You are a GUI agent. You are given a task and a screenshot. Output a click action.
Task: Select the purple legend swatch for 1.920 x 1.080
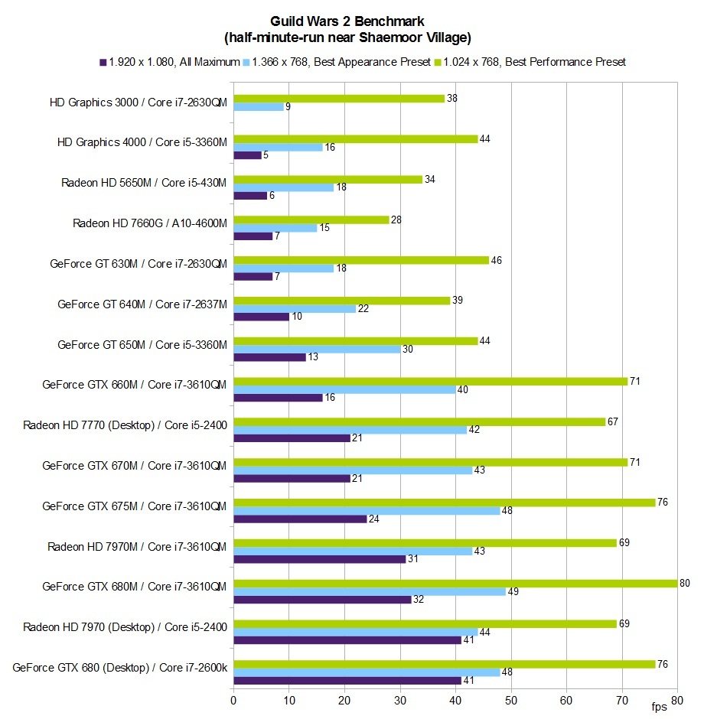(x=103, y=62)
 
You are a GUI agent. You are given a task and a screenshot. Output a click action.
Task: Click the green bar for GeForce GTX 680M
(x=455, y=583)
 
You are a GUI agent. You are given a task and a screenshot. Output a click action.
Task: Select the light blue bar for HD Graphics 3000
(x=258, y=107)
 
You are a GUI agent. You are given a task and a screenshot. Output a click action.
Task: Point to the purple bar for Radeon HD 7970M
(x=319, y=559)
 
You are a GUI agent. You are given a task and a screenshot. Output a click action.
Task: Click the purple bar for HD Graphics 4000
(x=247, y=155)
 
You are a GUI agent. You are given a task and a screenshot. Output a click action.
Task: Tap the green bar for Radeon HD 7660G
(x=311, y=220)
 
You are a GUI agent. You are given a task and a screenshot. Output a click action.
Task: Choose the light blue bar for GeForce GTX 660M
(x=344, y=390)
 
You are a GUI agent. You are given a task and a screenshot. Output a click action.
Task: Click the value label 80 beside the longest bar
(x=684, y=583)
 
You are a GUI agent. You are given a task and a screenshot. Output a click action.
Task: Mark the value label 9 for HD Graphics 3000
(x=288, y=107)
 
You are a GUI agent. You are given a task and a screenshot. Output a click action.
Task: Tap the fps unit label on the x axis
(x=659, y=704)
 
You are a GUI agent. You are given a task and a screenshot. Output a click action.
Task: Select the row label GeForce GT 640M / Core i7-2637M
(x=142, y=304)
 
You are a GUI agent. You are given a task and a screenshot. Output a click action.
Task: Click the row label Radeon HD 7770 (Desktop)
(x=125, y=425)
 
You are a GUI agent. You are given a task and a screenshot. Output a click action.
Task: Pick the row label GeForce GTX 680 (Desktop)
(x=120, y=668)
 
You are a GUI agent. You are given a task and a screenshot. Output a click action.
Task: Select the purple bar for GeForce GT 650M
(x=269, y=357)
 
